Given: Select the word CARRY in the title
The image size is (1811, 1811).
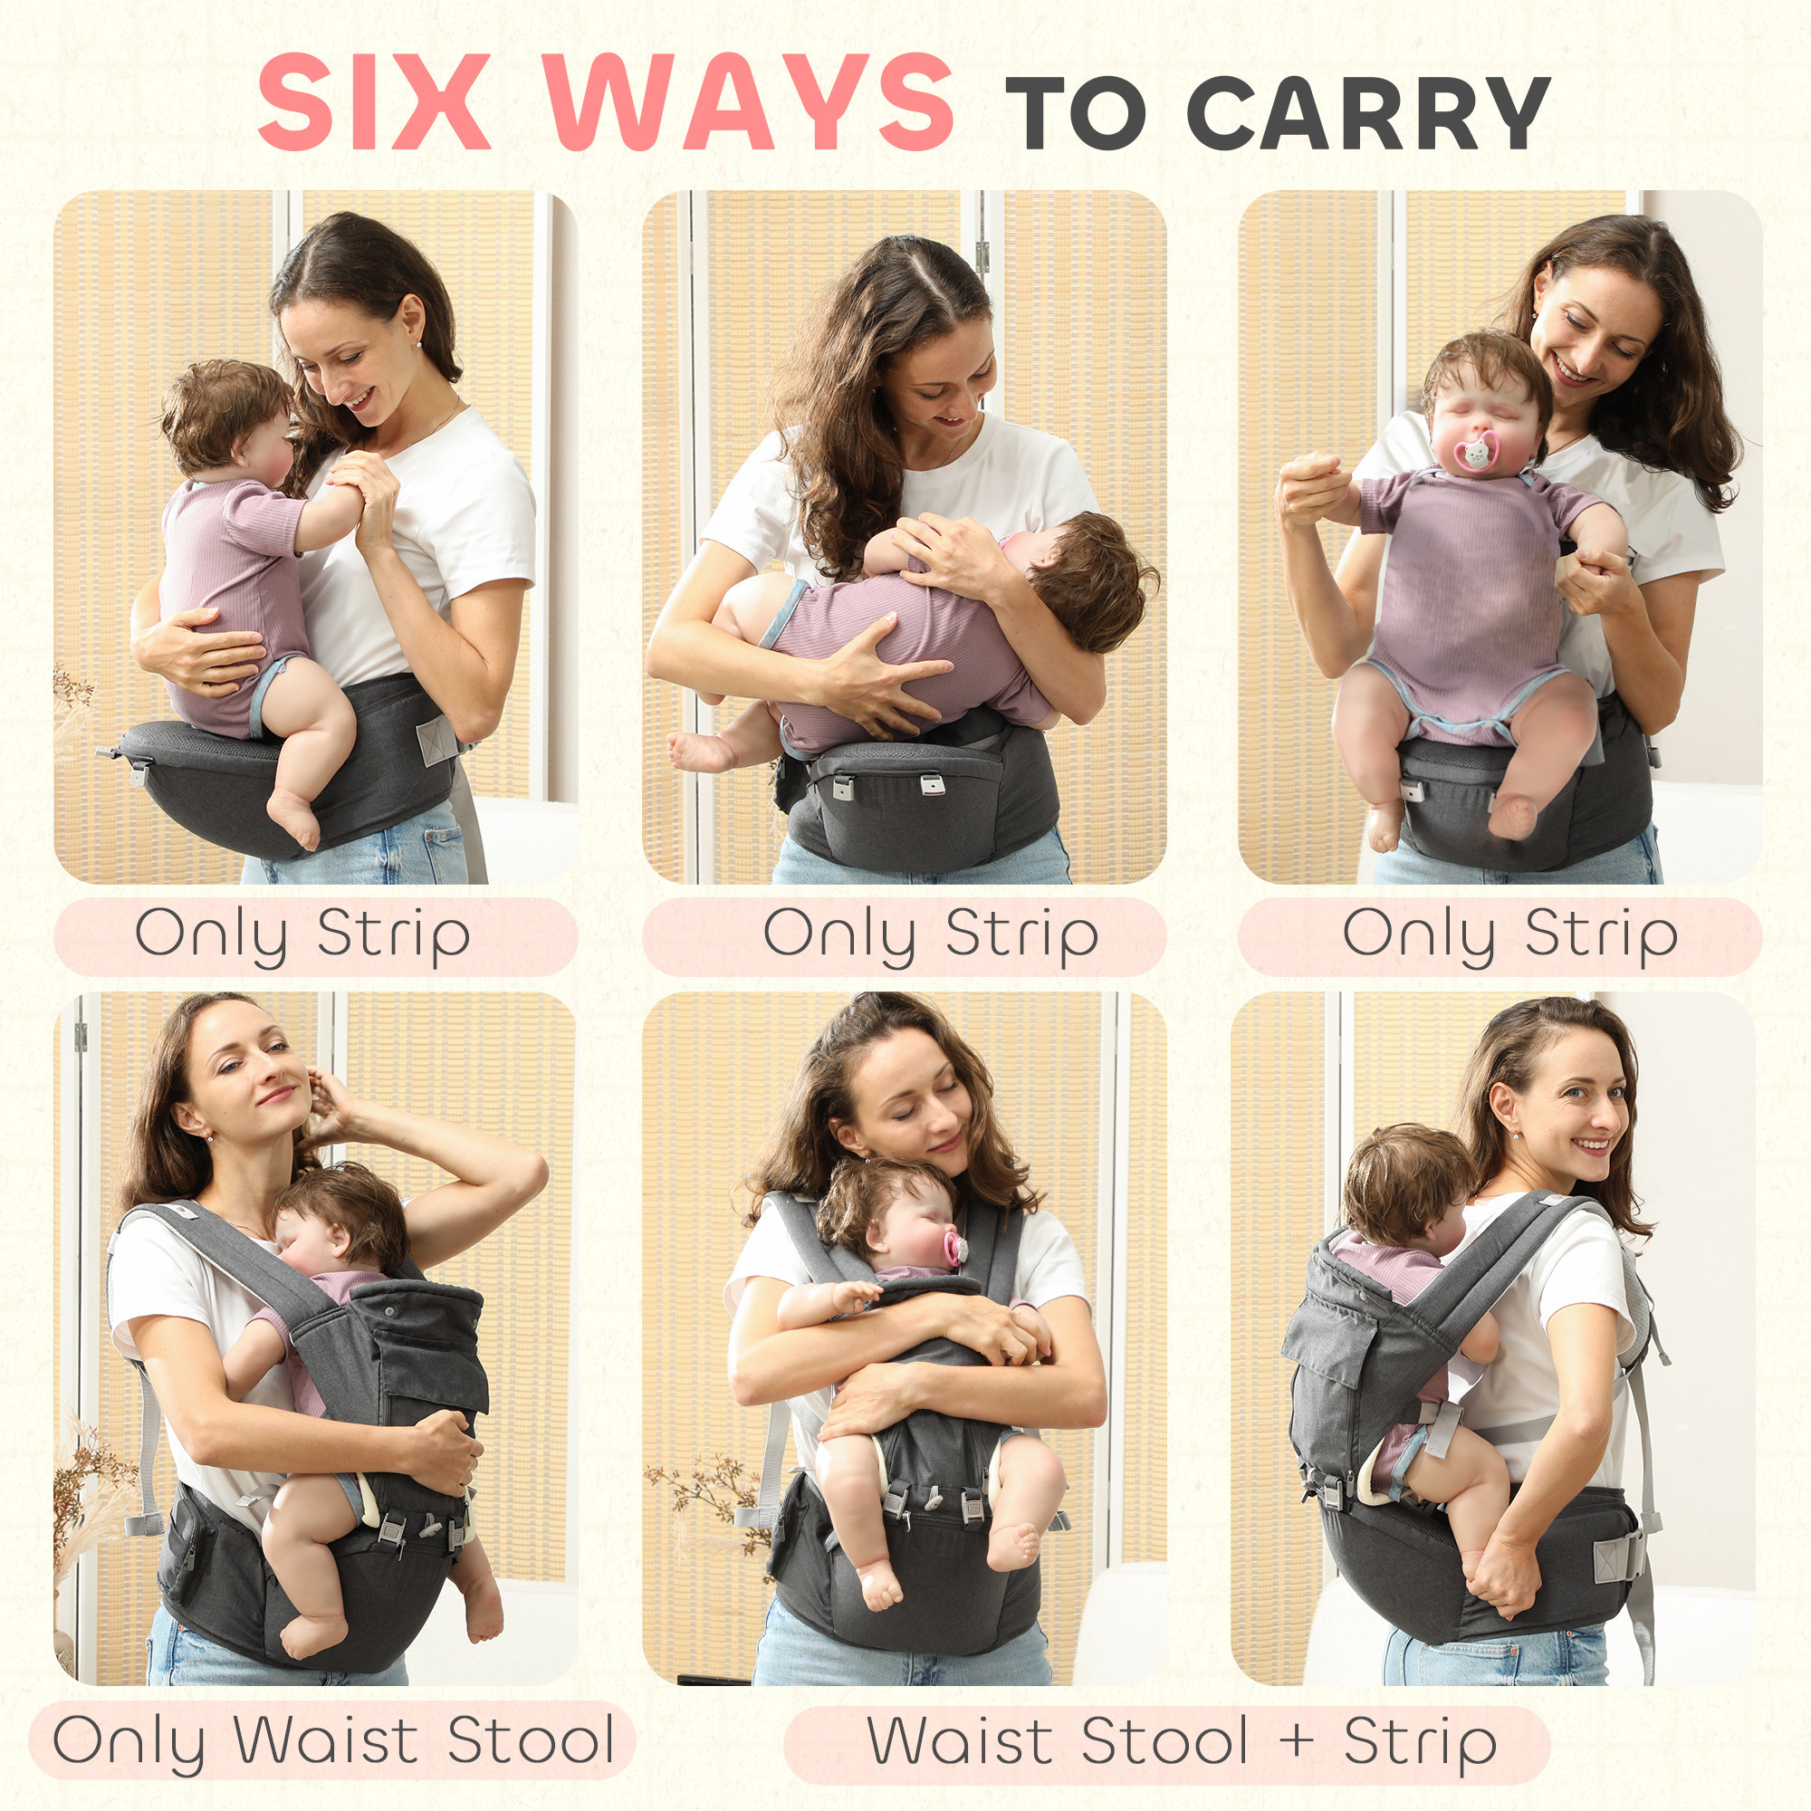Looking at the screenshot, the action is (1369, 112).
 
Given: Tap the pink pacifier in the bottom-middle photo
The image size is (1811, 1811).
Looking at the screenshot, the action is (954, 1250).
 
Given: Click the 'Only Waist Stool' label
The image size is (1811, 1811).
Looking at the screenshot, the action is (332, 1740).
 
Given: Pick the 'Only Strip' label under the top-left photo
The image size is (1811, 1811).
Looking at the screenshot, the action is (302, 935).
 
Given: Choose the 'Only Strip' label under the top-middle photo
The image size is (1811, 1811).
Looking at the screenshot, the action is (930, 935).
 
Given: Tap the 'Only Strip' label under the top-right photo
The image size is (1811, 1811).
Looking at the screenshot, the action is (1509, 935).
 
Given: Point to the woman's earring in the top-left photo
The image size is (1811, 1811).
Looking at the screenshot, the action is (417, 344).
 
